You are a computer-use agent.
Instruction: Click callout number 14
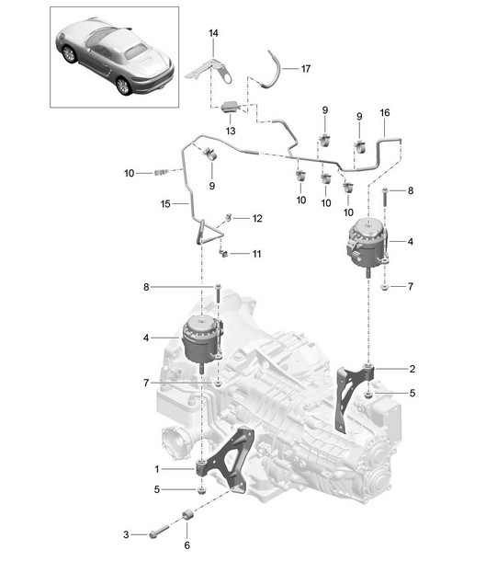pos(213,33)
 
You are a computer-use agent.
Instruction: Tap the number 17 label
pos(306,69)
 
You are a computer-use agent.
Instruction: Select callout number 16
pos(385,112)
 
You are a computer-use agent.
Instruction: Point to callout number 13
pos(231,131)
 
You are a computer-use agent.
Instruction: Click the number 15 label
pos(165,204)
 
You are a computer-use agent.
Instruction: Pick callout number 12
pos(257,219)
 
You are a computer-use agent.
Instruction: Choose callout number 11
pos(257,254)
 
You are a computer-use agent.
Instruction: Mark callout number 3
pos(126,534)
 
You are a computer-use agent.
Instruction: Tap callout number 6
pos(186,545)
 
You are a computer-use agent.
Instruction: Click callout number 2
pos(412,369)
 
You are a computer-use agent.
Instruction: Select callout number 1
pos(157,469)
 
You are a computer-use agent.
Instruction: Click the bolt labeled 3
pos(159,532)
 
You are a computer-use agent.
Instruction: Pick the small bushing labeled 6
pos(187,515)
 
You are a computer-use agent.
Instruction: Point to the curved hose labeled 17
pos(273,70)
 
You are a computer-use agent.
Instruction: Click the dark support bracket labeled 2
pos(353,395)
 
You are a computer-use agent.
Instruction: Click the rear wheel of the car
pos(124,86)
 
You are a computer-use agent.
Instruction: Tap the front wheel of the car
pos(69,54)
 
